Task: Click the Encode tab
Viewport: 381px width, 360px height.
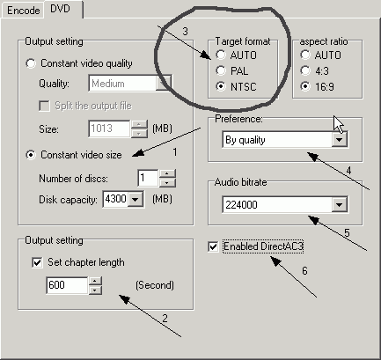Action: click(23, 11)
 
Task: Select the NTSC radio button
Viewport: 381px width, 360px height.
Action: click(221, 86)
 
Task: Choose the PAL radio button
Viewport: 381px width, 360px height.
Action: click(221, 70)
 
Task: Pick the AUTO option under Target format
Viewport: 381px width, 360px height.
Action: click(221, 55)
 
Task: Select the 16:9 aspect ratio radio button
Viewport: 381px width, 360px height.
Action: click(305, 86)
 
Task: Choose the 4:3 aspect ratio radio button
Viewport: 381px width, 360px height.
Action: click(305, 70)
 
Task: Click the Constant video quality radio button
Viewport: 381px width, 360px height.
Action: click(31, 63)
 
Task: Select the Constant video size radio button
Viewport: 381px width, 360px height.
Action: click(31, 155)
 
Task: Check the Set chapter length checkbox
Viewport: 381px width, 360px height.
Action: click(37, 262)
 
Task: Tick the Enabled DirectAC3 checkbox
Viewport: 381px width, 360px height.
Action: click(213, 246)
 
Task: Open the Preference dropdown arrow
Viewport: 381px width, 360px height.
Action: click(340, 140)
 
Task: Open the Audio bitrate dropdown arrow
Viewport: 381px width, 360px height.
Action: click(340, 204)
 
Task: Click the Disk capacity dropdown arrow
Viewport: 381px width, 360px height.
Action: click(136, 200)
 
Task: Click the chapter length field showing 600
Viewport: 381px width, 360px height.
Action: click(67, 285)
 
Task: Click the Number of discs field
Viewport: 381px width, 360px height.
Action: click(148, 178)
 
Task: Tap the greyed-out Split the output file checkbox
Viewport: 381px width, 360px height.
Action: click(44, 106)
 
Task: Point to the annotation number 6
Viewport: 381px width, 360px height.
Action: click(304, 270)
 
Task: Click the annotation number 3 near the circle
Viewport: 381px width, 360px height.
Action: click(185, 31)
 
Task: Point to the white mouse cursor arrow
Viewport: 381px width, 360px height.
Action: click(338, 124)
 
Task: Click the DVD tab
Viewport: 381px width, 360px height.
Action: click(61, 9)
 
